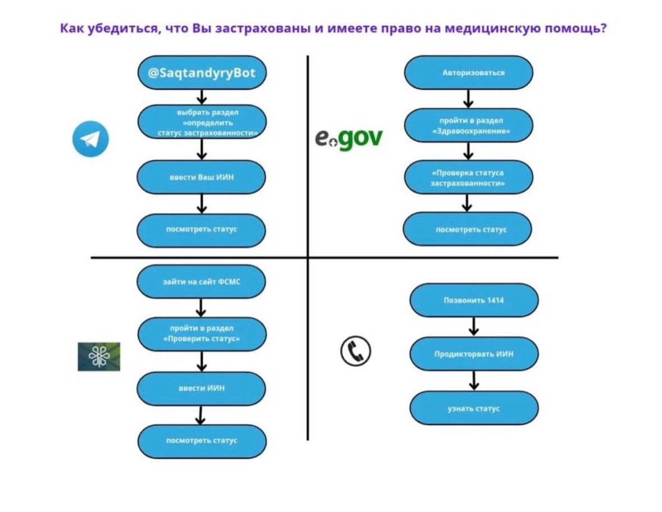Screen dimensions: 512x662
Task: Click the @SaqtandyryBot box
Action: [x=201, y=73]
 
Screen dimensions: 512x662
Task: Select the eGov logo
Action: [x=348, y=138]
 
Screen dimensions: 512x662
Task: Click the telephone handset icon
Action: [x=356, y=351]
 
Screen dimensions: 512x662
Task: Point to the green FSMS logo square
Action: [x=99, y=356]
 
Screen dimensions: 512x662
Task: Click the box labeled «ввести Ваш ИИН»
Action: [x=201, y=177]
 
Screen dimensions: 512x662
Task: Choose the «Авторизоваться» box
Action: [x=468, y=73]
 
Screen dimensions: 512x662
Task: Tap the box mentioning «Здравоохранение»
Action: [x=468, y=126]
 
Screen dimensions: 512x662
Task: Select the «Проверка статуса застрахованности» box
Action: [x=468, y=177]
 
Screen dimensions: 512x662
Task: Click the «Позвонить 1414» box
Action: [x=473, y=300]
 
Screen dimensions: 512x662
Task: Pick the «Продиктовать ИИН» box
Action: [x=473, y=354]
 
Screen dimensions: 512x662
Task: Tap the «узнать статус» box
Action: [x=473, y=409]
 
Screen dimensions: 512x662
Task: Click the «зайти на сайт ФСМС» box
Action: [x=201, y=281]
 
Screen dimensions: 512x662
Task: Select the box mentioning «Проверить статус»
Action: [x=201, y=333]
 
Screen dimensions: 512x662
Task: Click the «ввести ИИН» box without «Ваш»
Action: [x=201, y=388]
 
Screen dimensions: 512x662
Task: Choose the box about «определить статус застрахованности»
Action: [x=201, y=122]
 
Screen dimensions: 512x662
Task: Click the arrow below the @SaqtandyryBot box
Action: [x=202, y=97]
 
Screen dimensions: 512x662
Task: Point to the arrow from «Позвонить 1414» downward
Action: [x=474, y=327]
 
